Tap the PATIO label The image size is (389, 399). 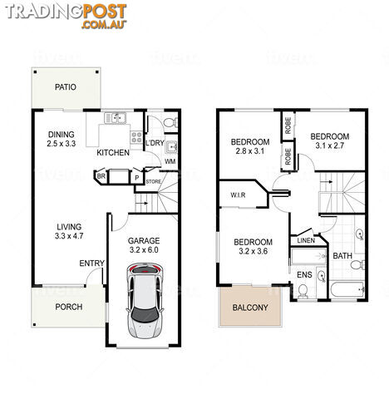(x=66, y=87)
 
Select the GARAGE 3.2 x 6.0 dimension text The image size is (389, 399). (x=144, y=250)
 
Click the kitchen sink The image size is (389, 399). (x=116, y=118)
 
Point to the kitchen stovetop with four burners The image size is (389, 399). (x=136, y=137)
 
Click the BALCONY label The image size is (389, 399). (x=250, y=308)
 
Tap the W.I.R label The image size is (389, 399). (x=238, y=195)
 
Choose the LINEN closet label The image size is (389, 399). (x=306, y=240)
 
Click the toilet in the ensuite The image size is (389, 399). (x=303, y=291)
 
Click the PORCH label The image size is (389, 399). (x=69, y=307)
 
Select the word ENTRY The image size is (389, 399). (x=91, y=264)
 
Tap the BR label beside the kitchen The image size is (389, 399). (x=101, y=176)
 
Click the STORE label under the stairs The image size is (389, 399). (x=154, y=182)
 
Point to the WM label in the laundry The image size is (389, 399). (x=170, y=161)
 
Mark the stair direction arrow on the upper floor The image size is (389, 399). (x=327, y=182)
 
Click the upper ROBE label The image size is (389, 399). (x=288, y=126)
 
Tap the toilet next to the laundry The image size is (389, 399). (x=170, y=122)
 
